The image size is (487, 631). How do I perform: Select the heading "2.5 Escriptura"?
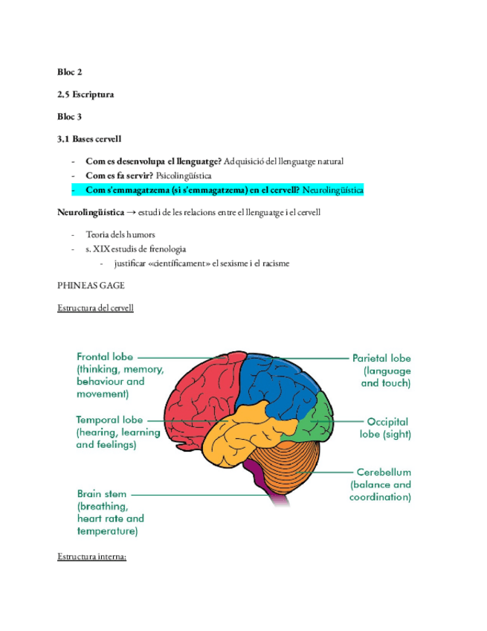86,95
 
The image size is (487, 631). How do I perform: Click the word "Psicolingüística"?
184,176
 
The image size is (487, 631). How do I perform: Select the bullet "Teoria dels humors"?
120,235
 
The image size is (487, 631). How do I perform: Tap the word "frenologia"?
167,249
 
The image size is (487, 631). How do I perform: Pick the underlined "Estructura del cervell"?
95,308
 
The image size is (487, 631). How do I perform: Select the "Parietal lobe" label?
381,358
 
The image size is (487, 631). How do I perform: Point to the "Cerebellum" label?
383,472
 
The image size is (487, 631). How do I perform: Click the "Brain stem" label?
102,493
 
